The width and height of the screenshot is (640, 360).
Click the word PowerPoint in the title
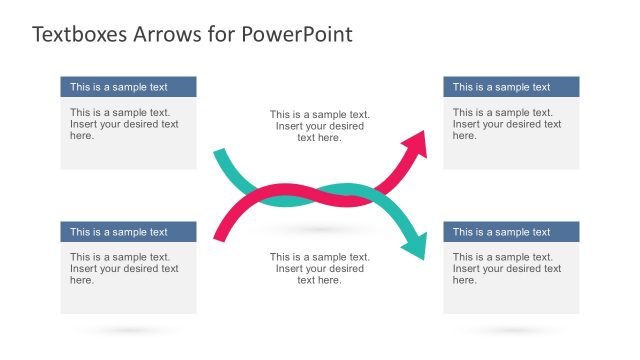(297, 34)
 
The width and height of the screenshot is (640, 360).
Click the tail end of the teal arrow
(219, 155)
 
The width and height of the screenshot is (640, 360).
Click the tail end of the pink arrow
(219, 236)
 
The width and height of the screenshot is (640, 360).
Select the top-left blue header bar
(128, 87)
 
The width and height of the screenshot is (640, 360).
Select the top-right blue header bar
(511, 87)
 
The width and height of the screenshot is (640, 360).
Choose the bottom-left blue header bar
(128, 232)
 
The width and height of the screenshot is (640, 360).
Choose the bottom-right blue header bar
(511, 232)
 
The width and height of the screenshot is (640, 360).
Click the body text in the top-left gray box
(124, 124)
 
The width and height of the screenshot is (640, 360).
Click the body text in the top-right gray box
(507, 124)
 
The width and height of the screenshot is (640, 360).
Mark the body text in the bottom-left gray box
(124, 268)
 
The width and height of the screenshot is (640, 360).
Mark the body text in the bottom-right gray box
(507, 268)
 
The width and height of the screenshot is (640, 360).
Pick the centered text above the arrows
(320, 126)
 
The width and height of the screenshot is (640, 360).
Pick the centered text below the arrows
(320, 268)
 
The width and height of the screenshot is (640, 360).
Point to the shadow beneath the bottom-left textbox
(128, 330)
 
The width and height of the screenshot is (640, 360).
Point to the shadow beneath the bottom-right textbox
(511, 330)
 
